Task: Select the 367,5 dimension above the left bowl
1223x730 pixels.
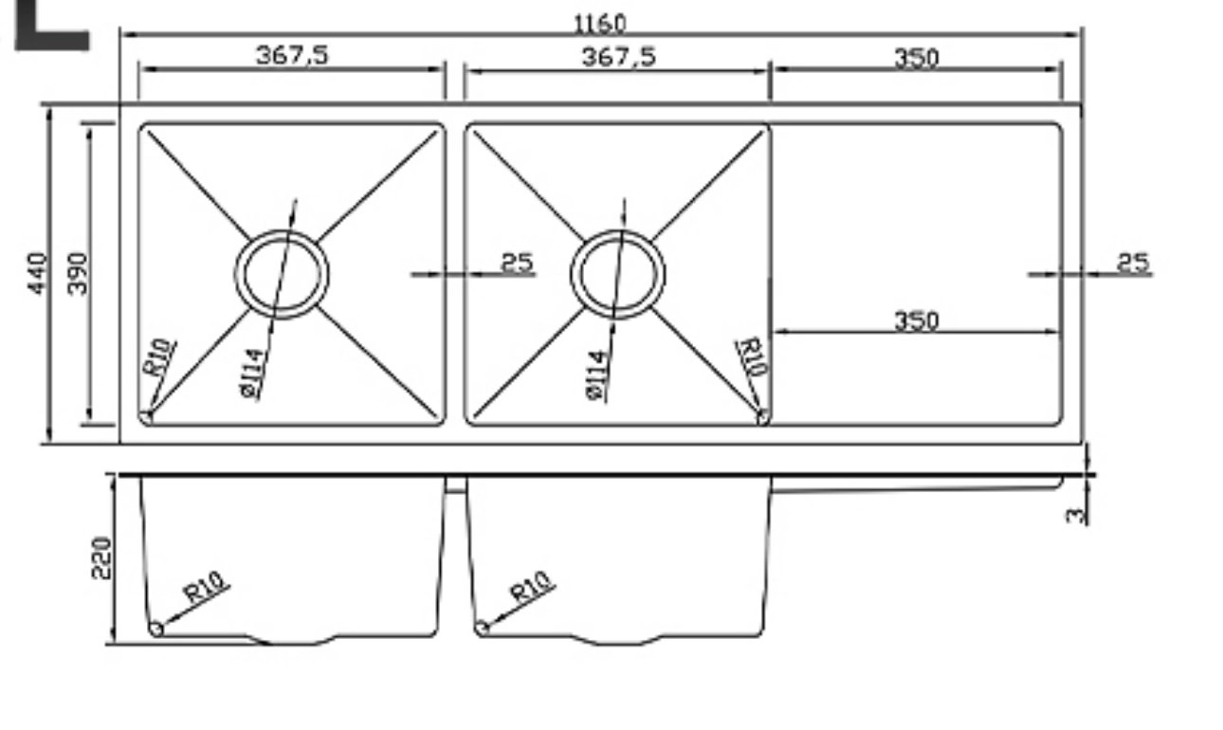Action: pyautogui.click(x=292, y=55)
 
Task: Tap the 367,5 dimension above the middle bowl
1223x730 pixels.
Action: pyautogui.click(x=618, y=57)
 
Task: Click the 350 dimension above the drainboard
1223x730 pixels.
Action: pyautogui.click(x=916, y=58)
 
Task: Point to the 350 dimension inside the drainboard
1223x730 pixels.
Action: pyautogui.click(x=916, y=320)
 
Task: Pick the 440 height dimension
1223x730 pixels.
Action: pyautogui.click(x=36, y=273)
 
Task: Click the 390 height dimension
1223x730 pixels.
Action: pyautogui.click(x=78, y=273)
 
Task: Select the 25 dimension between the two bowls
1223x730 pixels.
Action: pyautogui.click(x=517, y=263)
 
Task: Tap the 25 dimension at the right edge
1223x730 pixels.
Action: pyautogui.click(x=1132, y=263)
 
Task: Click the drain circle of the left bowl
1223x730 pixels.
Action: pyautogui.click(x=282, y=274)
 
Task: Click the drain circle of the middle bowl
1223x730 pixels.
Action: pyautogui.click(x=617, y=274)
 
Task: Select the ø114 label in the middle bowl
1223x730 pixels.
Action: pyautogui.click(x=595, y=375)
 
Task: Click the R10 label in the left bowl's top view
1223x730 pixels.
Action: pyautogui.click(x=158, y=357)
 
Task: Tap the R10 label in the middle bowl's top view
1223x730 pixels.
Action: pyautogui.click(x=752, y=357)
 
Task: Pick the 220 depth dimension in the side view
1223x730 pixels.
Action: pyautogui.click(x=101, y=557)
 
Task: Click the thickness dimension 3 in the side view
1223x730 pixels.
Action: pyautogui.click(x=1074, y=515)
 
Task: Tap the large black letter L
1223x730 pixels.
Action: pyautogui.click(x=49, y=26)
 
